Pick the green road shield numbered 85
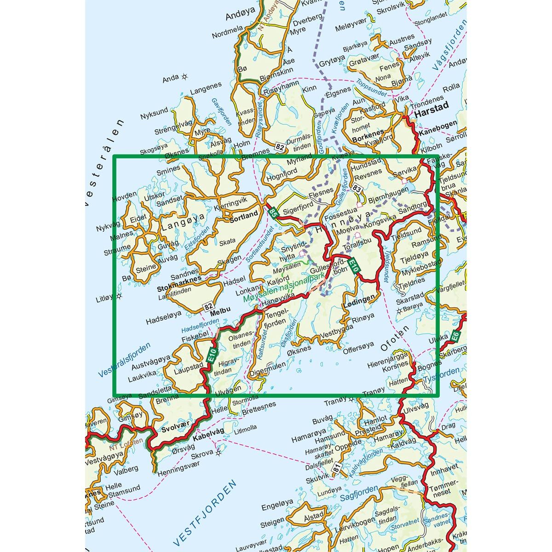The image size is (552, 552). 273,212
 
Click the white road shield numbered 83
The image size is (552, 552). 356,188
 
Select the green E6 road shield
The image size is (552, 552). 454,336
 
